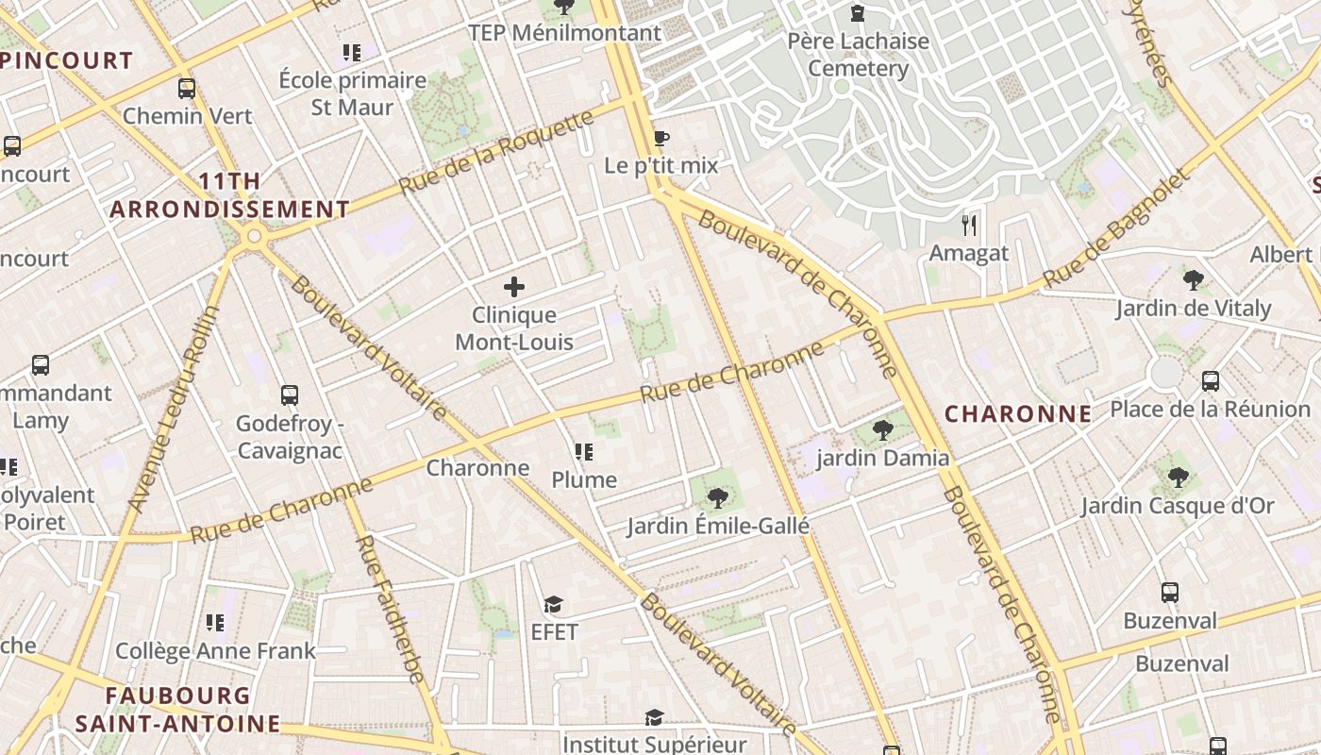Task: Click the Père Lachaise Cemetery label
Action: [859, 55]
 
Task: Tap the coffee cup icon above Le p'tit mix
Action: [661, 139]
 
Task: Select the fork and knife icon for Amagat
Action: [968, 226]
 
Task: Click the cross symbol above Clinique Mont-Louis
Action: [514, 287]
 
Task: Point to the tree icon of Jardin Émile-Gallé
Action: [718, 497]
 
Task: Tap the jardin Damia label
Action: [882, 459]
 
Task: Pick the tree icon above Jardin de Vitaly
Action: [1193, 279]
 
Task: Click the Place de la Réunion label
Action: [1210, 410]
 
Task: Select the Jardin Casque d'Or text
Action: [1177, 506]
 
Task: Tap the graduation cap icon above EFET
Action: [553, 604]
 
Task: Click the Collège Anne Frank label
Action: [215, 651]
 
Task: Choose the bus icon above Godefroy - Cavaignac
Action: [290, 395]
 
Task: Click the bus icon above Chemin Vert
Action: [187, 89]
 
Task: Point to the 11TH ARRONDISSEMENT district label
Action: [229, 195]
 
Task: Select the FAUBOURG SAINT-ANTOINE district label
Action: [178, 710]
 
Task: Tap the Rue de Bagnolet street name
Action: [1119, 229]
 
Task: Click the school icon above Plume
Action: [583, 453]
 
